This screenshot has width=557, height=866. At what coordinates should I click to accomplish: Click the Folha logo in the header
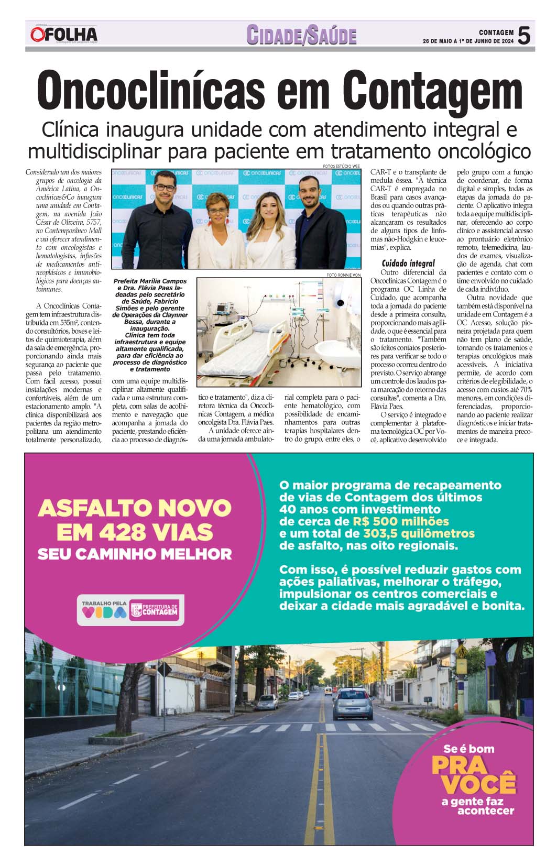(x=63, y=35)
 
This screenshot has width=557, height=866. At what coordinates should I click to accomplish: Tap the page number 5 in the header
(x=523, y=36)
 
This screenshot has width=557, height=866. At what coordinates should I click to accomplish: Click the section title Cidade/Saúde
(x=301, y=35)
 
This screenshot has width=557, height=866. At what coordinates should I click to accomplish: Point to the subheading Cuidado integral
(x=408, y=263)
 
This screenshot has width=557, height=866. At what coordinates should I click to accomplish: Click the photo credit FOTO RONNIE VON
(x=344, y=275)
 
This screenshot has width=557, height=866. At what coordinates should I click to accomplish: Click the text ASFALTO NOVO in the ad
(x=134, y=508)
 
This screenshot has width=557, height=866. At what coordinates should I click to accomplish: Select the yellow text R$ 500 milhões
(x=401, y=521)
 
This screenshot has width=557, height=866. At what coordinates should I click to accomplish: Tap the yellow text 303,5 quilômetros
(x=418, y=534)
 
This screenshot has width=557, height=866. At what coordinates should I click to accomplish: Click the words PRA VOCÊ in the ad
(x=473, y=775)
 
